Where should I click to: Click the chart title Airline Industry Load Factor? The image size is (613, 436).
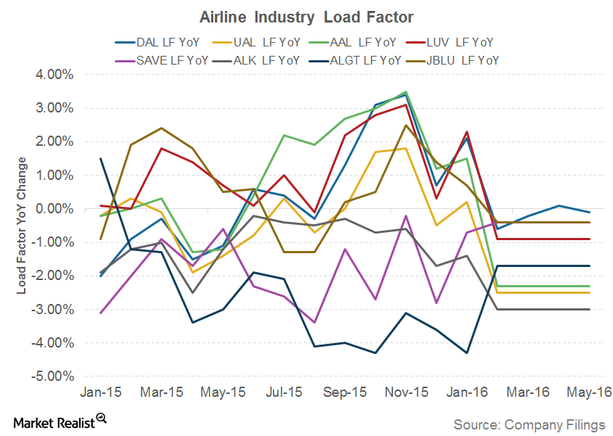coord(305,17)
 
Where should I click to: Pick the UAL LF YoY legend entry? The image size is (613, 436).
coord(268,43)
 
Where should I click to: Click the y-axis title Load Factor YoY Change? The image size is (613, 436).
coord(22,226)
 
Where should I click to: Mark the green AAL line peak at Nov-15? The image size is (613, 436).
coord(406,92)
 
